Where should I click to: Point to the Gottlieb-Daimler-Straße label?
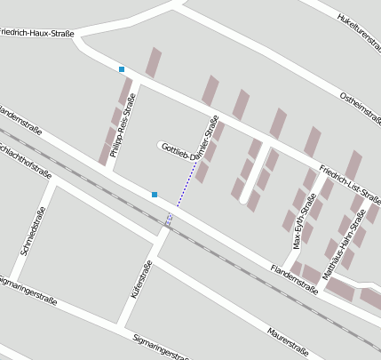(x=191, y=145)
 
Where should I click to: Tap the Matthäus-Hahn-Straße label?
(x=345, y=244)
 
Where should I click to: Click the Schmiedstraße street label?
(x=32, y=232)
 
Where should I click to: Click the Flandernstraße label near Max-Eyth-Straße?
(x=294, y=277)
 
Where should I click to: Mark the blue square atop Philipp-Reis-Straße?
(x=122, y=69)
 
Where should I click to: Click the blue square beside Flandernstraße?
(x=155, y=194)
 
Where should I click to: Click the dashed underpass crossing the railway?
(x=169, y=220)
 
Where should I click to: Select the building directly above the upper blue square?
(x=154, y=61)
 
